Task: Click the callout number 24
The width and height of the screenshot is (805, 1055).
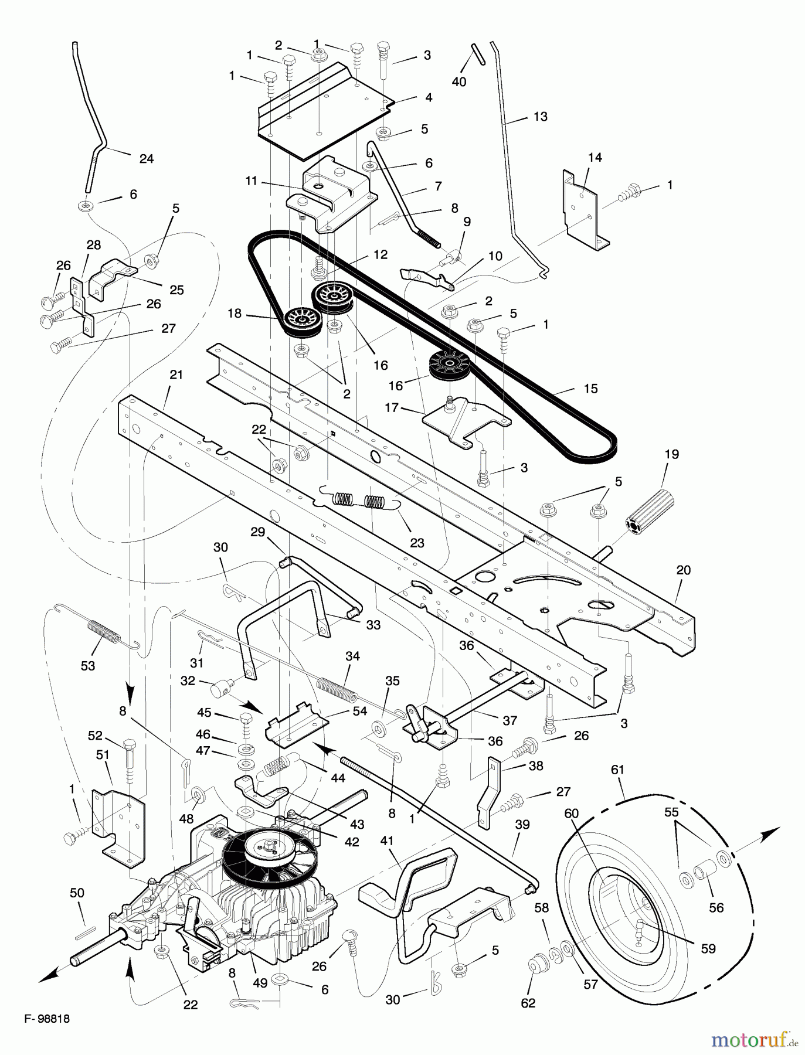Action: tap(146, 158)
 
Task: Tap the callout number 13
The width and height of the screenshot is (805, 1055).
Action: tap(540, 117)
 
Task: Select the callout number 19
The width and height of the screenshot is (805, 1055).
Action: tap(671, 454)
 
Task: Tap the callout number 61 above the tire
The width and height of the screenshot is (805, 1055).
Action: tap(618, 769)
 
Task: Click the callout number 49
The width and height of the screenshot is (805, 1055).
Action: tap(260, 982)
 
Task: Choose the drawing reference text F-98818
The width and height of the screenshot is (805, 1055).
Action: tap(47, 1019)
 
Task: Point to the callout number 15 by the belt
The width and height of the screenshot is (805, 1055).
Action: tap(590, 388)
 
